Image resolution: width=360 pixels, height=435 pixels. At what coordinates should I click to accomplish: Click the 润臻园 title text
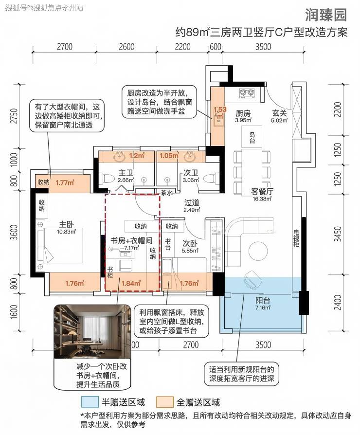click(x=325, y=15)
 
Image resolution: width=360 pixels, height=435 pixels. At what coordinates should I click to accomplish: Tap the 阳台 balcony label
click(x=263, y=300)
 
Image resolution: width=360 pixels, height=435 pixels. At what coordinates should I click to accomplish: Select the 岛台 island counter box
click(x=252, y=137)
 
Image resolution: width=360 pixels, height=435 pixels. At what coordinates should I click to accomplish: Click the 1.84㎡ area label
click(x=131, y=283)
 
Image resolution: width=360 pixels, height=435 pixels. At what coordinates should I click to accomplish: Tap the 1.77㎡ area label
click(x=64, y=182)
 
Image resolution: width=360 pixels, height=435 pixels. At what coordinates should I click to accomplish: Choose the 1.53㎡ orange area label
click(x=220, y=112)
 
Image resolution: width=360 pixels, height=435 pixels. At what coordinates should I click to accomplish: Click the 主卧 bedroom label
click(x=66, y=224)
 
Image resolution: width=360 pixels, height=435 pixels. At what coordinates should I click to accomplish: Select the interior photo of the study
click(x=92, y=331)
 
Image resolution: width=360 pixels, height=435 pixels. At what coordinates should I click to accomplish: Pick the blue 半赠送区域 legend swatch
click(x=90, y=402)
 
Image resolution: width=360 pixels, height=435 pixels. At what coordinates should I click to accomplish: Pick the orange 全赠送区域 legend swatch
click(x=165, y=402)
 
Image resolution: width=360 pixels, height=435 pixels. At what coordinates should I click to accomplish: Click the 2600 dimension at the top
click(x=126, y=47)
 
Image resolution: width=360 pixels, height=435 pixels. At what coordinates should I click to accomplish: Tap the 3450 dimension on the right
click(x=338, y=234)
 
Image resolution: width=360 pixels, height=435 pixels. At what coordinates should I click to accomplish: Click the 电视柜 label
click(x=296, y=238)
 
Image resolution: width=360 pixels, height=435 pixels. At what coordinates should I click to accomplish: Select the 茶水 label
click(x=167, y=193)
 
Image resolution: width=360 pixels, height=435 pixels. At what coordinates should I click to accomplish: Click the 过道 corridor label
click(x=192, y=202)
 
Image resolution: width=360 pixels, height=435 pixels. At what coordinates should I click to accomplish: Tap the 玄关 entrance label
click(x=279, y=113)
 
